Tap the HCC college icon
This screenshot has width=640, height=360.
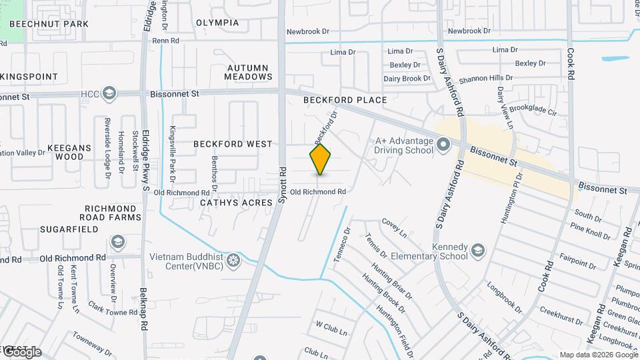pyautogui.click(x=110, y=94)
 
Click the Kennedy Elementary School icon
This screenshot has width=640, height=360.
pyautogui.click(x=478, y=251)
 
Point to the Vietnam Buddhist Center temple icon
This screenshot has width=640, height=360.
pyautogui.click(x=233, y=259)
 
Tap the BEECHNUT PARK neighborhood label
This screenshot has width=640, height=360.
pyautogui.click(x=45, y=24)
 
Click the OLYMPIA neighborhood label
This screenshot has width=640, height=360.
pyautogui.click(x=217, y=23)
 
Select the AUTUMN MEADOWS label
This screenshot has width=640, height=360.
pyautogui.click(x=248, y=72)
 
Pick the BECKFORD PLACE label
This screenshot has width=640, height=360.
pyautogui.click(x=345, y=100)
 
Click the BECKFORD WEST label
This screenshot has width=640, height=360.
pyautogui.click(x=233, y=144)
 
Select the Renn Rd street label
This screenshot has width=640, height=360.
pyautogui.click(x=166, y=41)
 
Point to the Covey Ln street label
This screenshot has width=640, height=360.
pyautogui.click(x=394, y=227)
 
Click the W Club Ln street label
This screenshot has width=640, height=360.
pyautogui.click(x=332, y=327)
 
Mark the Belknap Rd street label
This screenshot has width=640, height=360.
pyautogui.click(x=144, y=311)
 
